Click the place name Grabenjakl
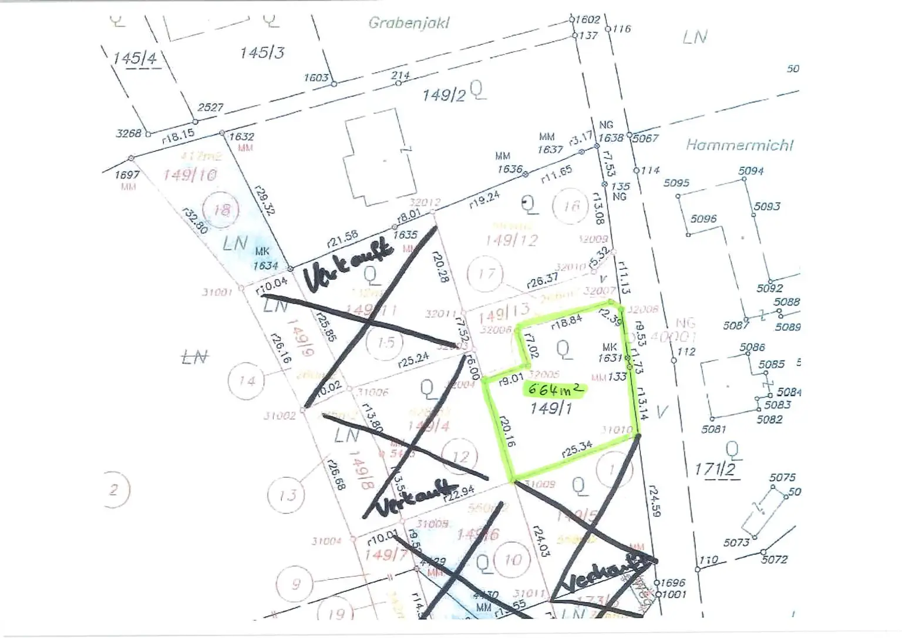409,23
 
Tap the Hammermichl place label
739,145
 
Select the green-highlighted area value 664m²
556,390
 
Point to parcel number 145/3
262,53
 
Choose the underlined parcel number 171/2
715,469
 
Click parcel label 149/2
443,95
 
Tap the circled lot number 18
222,210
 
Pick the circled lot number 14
247,381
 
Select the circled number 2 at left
114,489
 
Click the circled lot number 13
288,496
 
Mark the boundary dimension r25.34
577,449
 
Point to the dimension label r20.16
506,432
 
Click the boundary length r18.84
567,321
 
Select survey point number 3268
129,133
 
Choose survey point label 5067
645,139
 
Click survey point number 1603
316,78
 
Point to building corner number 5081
713,429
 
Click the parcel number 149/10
190,175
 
